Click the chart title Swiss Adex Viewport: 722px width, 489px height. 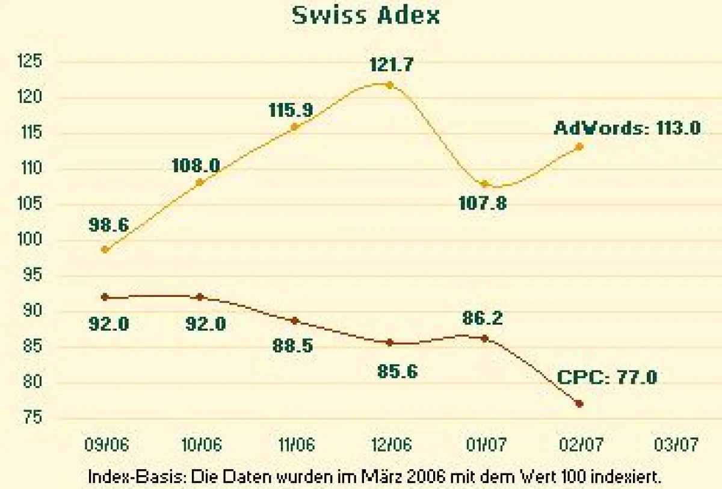[366, 15]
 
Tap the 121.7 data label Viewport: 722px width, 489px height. [391, 64]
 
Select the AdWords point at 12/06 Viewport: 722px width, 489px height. [389, 85]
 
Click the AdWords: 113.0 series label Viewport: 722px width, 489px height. [627, 128]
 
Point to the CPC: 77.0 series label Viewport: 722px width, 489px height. [607, 378]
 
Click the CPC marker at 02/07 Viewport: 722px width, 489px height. [579, 403]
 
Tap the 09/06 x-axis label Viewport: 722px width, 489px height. [106, 445]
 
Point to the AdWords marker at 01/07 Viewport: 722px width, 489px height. [486, 184]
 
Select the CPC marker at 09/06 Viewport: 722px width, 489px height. [105, 297]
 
